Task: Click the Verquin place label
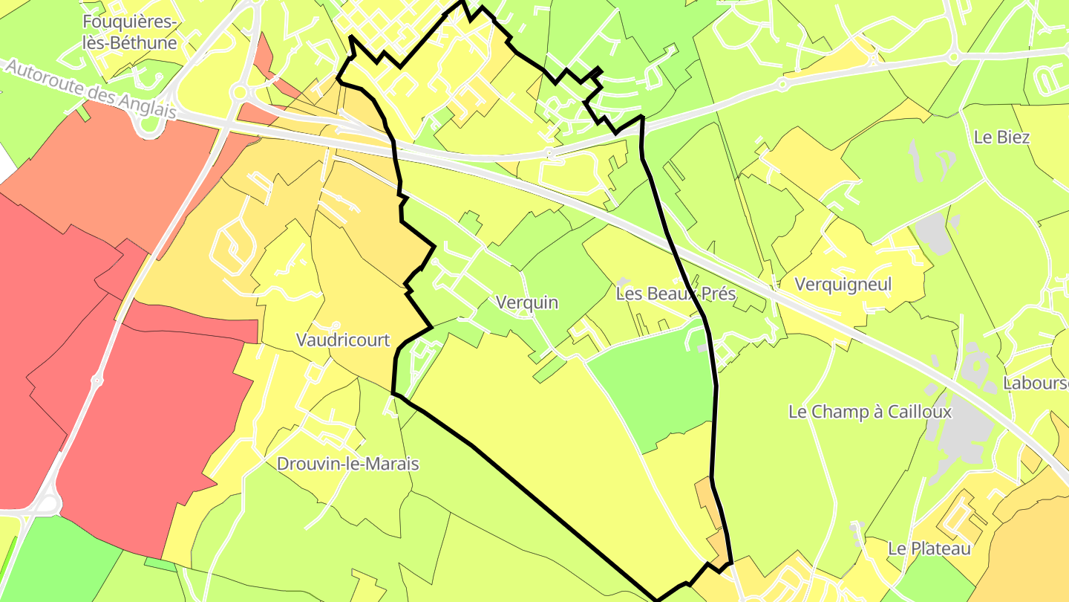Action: [526, 302]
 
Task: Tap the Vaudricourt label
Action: [342, 340]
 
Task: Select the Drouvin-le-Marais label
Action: [347, 464]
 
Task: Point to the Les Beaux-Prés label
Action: [676, 294]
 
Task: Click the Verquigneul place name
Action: [843, 284]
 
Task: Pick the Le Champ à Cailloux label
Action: [869, 411]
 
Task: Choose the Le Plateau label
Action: [929, 548]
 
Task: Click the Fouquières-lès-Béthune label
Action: [130, 32]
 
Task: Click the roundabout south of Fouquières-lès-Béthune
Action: [239, 92]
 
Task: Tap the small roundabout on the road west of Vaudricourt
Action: [97, 381]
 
